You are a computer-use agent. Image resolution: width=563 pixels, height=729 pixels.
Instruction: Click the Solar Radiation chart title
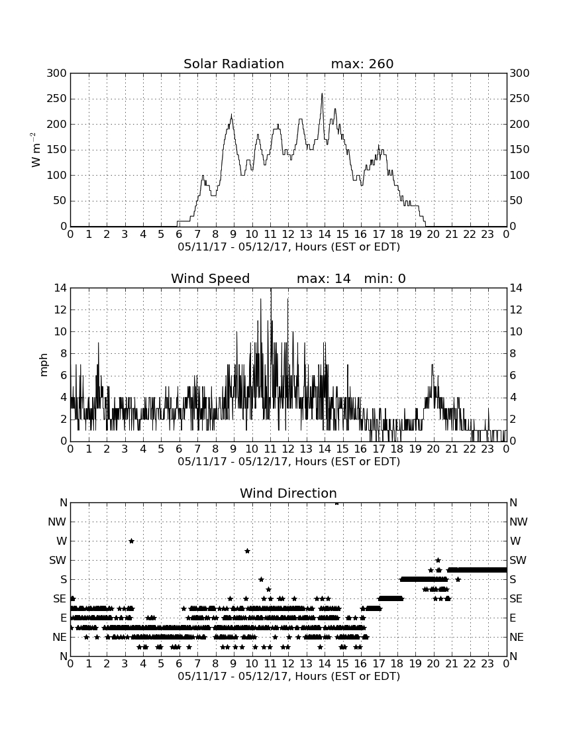click(x=234, y=64)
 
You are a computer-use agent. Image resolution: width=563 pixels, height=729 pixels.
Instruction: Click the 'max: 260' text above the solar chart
click(x=362, y=64)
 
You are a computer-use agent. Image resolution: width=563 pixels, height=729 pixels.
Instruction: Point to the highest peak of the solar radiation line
click(x=322, y=94)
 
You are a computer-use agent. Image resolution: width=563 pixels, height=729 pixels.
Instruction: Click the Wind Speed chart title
click(x=211, y=278)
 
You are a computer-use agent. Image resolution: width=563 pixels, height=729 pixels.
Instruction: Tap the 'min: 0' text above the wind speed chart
click(x=385, y=278)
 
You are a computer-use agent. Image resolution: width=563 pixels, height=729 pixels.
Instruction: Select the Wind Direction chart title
click(x=289, y=493)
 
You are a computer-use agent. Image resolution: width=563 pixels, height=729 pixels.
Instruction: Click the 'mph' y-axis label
click(x=44, y=365)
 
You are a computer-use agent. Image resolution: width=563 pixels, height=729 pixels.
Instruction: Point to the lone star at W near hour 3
click(x=131, y=541)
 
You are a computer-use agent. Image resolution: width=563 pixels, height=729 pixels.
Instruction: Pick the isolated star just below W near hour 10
click(x=248, y=551)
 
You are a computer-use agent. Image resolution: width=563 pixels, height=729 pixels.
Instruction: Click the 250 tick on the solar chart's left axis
click(x=57, y=99)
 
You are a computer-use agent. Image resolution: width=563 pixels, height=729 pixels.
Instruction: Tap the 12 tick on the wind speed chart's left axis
click(x=61, y=309)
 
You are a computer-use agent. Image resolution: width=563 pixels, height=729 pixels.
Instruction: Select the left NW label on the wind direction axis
click(x=57, y=522)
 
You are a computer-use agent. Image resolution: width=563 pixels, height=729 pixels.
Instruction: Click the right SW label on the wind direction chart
click(x=518, y=560)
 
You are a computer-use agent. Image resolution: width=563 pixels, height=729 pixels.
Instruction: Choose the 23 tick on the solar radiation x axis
click(x=487, y=235)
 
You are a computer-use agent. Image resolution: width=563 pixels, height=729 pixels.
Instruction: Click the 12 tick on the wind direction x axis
click(x=289, y=664)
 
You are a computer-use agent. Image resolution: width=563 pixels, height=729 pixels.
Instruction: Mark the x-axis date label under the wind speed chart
click(x=289, y=462)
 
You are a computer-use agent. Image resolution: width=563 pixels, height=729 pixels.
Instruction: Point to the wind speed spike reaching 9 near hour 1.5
click(x=99, y=343)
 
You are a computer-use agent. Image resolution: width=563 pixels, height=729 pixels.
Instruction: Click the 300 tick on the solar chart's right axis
click(x=519, y=73)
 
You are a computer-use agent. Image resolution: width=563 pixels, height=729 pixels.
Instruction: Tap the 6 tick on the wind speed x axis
click(x=179, y=449)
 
